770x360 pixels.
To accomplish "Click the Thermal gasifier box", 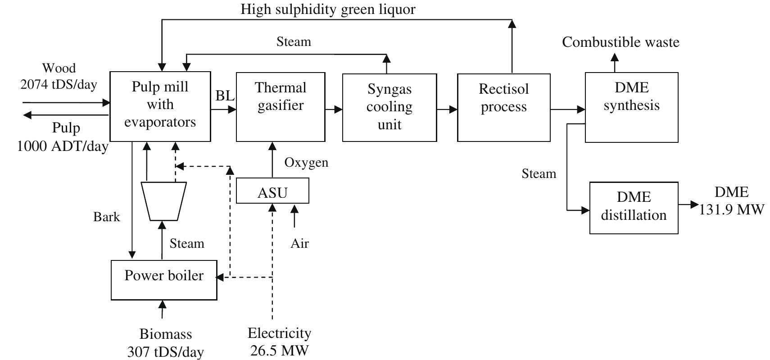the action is click(x=281, y=107).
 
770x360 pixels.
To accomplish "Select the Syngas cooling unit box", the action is click(x=390, y=107).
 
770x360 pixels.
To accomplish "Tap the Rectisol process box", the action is click(x=503, y=107).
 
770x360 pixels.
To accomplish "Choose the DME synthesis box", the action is click(x=631, y=107).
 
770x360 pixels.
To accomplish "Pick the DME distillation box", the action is click(x=634, y=208).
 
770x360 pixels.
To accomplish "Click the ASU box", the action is click(x=272, y=191).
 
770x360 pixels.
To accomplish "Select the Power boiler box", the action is click(x=164, y=280).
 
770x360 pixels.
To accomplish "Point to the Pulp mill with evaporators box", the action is click(x=160, y=106).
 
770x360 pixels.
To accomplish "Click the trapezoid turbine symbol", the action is click(x=163, y=201).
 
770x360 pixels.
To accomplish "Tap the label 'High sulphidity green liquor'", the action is click(x=328, y=9).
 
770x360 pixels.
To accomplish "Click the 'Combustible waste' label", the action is click(x=621, y=42).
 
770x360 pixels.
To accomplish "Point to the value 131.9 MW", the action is click(x=731, y=210).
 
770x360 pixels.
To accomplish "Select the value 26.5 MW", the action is click(x=280, y=351).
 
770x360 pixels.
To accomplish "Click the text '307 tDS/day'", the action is click(x=165, y=352).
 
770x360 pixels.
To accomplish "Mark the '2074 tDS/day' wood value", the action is click(x=59, y=84).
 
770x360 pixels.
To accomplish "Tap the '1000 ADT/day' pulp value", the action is click(x=63, y=146).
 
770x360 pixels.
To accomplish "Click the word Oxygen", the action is click(x=306, y=163).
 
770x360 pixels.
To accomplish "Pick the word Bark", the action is click(x=107, y=217).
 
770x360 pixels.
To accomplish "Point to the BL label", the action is click(x=225, y=96).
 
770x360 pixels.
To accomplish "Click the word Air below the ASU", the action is click(x=300, y=243).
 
